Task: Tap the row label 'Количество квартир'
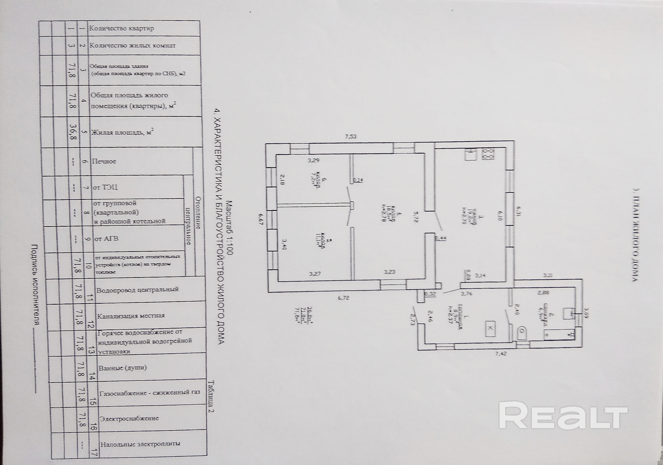point(121,28)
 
